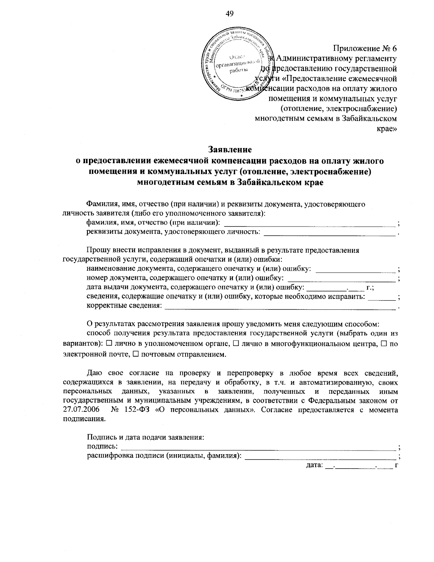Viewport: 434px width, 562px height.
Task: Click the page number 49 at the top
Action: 230,14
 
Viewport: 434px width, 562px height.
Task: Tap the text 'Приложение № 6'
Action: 365,48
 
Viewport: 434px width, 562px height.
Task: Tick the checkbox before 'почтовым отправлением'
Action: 136,354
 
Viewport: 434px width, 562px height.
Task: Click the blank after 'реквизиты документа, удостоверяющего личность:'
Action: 329,233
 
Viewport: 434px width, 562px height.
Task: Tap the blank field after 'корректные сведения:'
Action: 280,307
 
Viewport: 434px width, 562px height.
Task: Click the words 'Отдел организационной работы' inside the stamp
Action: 237,64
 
